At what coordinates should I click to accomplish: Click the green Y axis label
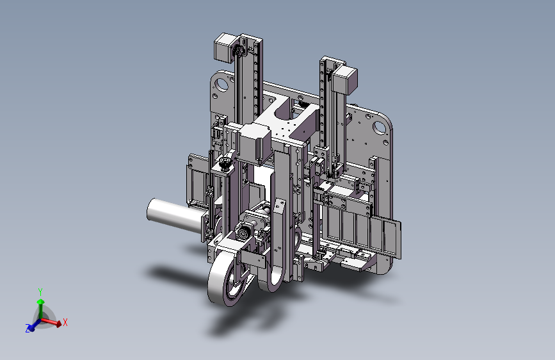pos(40,291)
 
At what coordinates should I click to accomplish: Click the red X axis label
pos(65,322)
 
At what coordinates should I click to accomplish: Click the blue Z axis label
pos(28,328)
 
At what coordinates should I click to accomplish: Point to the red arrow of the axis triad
pos(51,322)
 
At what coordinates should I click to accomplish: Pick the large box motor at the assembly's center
pos(253,143)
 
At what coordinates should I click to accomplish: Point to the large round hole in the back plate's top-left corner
pos(222,85)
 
